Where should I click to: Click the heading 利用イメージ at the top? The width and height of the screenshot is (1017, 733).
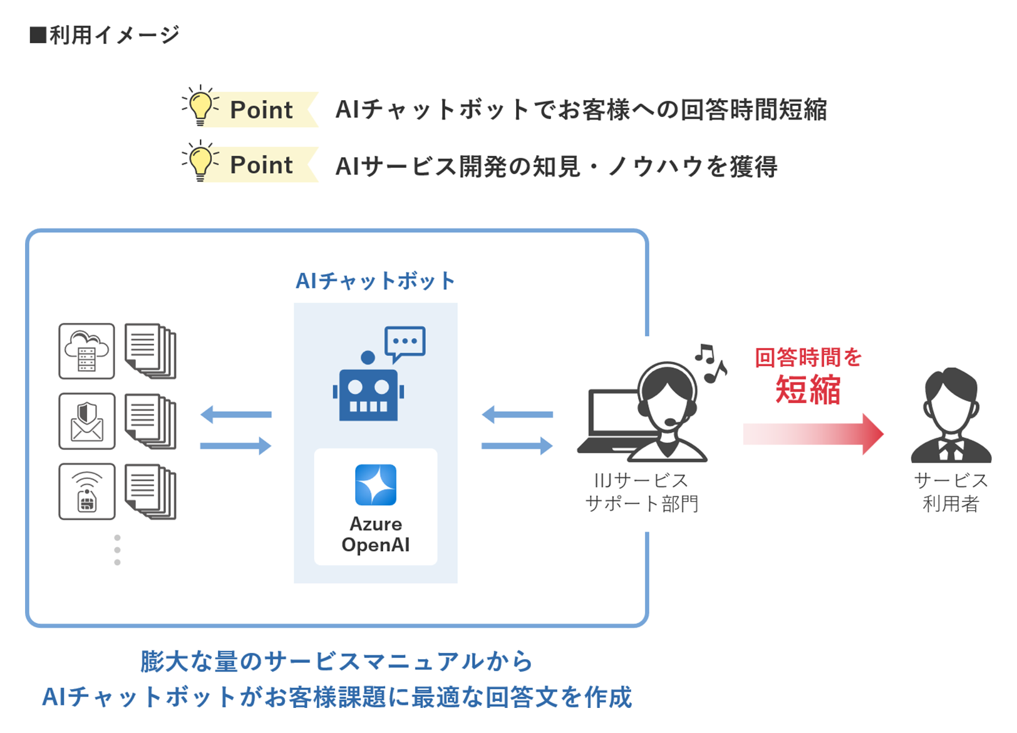(x=105, y=35)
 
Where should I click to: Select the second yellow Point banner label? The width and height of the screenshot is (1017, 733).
(x=261, y=165)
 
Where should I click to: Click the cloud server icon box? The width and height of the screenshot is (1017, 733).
(x=86, y=351)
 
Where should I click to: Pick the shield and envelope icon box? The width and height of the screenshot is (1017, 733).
(x=86, y=421)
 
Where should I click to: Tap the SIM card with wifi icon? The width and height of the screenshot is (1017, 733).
(x=86, y=492)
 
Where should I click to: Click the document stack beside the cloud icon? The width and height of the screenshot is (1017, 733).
(x=150, y=351)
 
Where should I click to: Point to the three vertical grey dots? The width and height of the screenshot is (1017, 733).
(x=117, y=550)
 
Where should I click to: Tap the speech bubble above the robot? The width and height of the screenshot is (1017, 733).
(x=405, y=342)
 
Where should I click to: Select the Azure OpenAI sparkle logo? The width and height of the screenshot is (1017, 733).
(x=376, y=484)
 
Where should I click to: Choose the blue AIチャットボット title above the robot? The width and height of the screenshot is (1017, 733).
(x=375, y=281)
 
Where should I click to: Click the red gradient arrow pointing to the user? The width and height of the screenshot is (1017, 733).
(x=813, y=434)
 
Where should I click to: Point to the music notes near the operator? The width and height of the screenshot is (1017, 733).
(x=711, y=362)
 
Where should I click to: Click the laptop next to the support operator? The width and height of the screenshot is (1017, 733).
(x=611, y=423)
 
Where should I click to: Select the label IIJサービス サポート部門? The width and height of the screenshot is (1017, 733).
(x=642, y=492)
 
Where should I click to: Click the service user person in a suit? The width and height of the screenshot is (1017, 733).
(x=951, y=416)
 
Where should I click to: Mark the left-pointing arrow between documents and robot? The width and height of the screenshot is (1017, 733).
(x=236, y=414)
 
